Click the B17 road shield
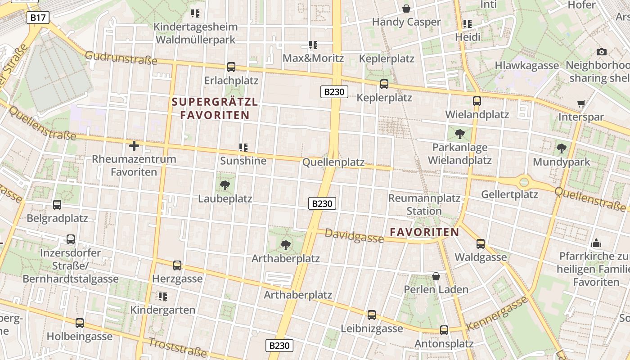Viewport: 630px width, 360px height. [38, 18]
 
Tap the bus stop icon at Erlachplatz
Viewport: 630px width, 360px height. [231, 67]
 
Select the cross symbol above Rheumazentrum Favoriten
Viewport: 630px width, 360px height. [134, 145]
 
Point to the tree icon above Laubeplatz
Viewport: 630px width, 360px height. [225, 185]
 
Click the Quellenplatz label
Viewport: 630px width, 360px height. [333, 162]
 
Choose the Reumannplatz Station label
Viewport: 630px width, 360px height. [424, 204]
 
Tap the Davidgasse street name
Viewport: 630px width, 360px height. [354, 235]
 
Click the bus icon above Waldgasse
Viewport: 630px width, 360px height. [481, 244]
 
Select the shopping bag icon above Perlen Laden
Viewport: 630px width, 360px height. [436, 276]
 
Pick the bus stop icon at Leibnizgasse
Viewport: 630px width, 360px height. [372, 315]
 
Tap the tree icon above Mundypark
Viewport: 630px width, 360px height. [561, 148]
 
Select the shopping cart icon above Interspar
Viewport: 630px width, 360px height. [581, 103]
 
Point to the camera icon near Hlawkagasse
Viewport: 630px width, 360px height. [601, 52]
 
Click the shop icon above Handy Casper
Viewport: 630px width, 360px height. [406, 9]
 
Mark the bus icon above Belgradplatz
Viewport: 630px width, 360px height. [57, 205]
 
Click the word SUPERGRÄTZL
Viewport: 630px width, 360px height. [215, 102]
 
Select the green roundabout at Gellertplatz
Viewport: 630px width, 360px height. [524, 182]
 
